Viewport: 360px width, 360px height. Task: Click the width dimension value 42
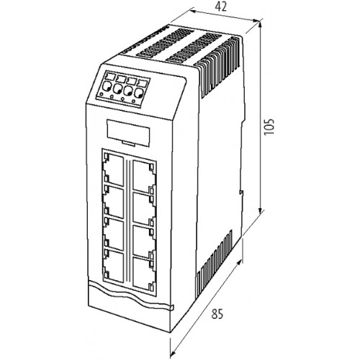[x=220, y=7]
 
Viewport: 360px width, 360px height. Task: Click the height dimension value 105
[x=269, y=126]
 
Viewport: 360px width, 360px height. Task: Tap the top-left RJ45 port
[x=113, y=169]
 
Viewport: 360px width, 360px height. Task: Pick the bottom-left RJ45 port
[x=113, y=266]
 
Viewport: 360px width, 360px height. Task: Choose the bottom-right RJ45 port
[x=143, y=274]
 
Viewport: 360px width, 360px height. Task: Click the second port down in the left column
[x=113, y=202]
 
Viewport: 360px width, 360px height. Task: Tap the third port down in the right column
[x=143, y=241]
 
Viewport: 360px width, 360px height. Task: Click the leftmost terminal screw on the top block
[x=107, y=86]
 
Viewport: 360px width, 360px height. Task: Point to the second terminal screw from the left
[x=117, y=89]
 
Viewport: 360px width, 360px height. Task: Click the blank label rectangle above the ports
[x=128, y=132]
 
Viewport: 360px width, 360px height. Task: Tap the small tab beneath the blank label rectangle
[x=129, y=143]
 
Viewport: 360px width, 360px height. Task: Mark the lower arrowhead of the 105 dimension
[x=260, y=211]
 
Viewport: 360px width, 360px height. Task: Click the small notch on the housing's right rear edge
[x=242, y=193]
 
